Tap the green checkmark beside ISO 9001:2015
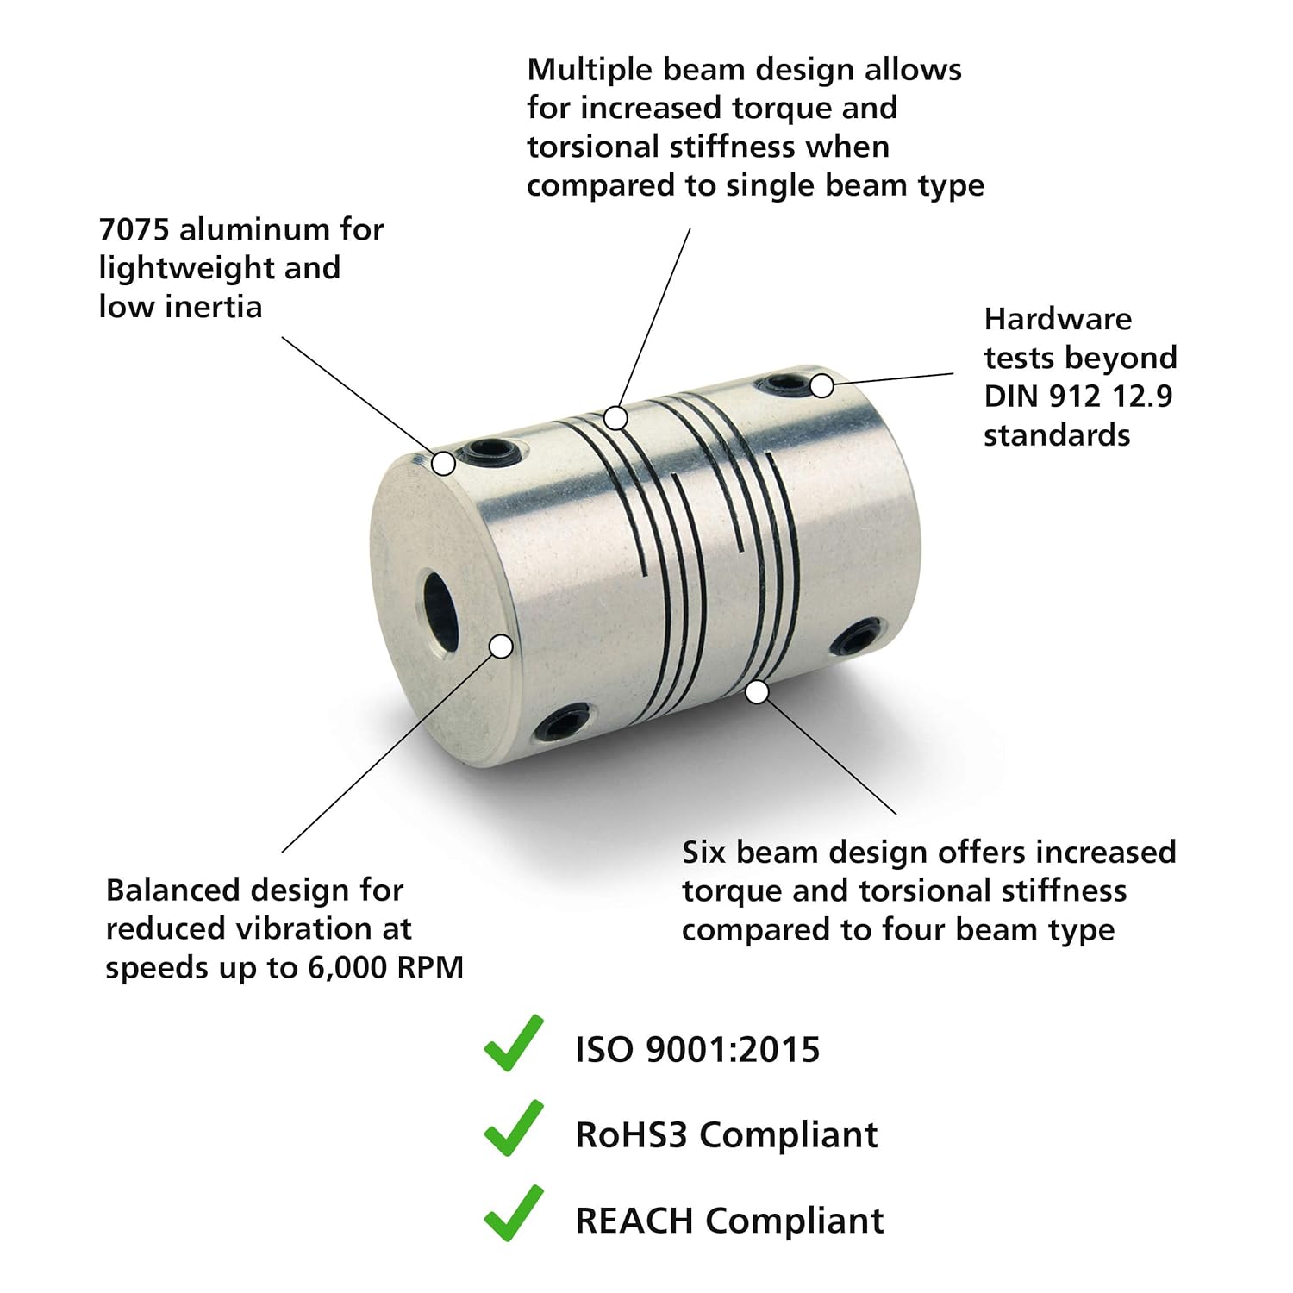pyautogui.click(x=514, y=1043)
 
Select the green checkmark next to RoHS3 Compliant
pyautogui.click(x=514, y=1127)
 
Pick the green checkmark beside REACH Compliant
pyautogui.click(x=514, y=1213)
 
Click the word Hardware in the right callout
pyautogui.click(x=1058, y=319)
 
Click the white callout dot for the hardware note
pyautogui.click(x=822, y=385)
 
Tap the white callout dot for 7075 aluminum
pyautogui.click(x=443, y=463)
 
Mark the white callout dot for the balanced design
pyautogui.click(x=501, y=646)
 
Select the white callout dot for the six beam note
pyautogui.click(x=757, y=691)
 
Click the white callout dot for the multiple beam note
pyautogui.click(x=615, y=418)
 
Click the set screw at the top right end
pyautogui.click(x=783, y=385)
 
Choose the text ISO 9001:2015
pyautogui.click(x=697, y=1050)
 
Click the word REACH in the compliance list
pyautogui.click(x=634, y=1221)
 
